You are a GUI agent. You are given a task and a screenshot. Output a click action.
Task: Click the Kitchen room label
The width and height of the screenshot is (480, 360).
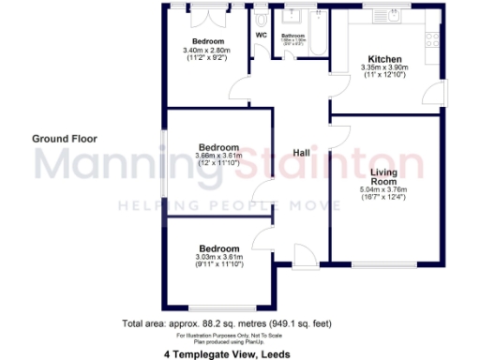pyautogui.click(x=385, y=57)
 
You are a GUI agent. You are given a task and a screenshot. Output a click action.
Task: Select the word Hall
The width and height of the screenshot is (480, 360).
pyautogui.click(x=302, y=154)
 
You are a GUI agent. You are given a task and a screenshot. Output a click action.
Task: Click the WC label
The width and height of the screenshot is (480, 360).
pyautogui.click(x=262, y=37)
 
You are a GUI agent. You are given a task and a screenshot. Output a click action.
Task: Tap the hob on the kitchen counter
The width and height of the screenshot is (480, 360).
pyautogui.click(x=433, y=40)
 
